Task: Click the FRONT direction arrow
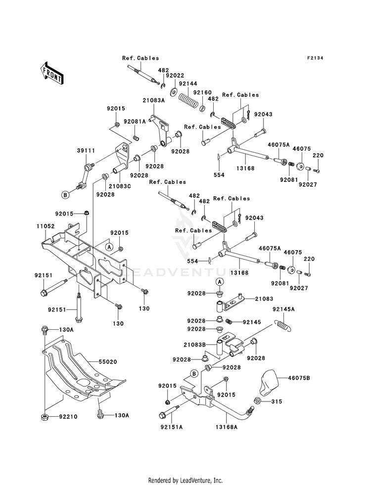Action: click(51, 73)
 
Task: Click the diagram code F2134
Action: click(315, 58)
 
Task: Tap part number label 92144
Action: click(188, 84)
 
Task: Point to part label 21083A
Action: click(153, 100)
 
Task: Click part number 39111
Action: click(86, 151)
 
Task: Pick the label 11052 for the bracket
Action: click(46, 226)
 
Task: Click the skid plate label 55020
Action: click(108, 361)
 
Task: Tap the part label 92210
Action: click(68, 417)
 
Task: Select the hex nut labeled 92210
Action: click(45, 417)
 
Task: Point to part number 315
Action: click(277, 401)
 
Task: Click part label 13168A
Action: click(227, 427)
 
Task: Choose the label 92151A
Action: click(172, 427)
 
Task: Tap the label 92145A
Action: click(283, 309)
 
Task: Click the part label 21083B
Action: click(194, 345)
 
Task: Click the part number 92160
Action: click(202, 92)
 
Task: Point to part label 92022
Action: click(175, 76)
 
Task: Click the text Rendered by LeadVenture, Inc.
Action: click(185, 481)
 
